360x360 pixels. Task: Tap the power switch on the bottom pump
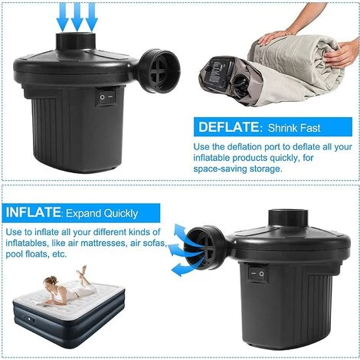coord(255,272)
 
